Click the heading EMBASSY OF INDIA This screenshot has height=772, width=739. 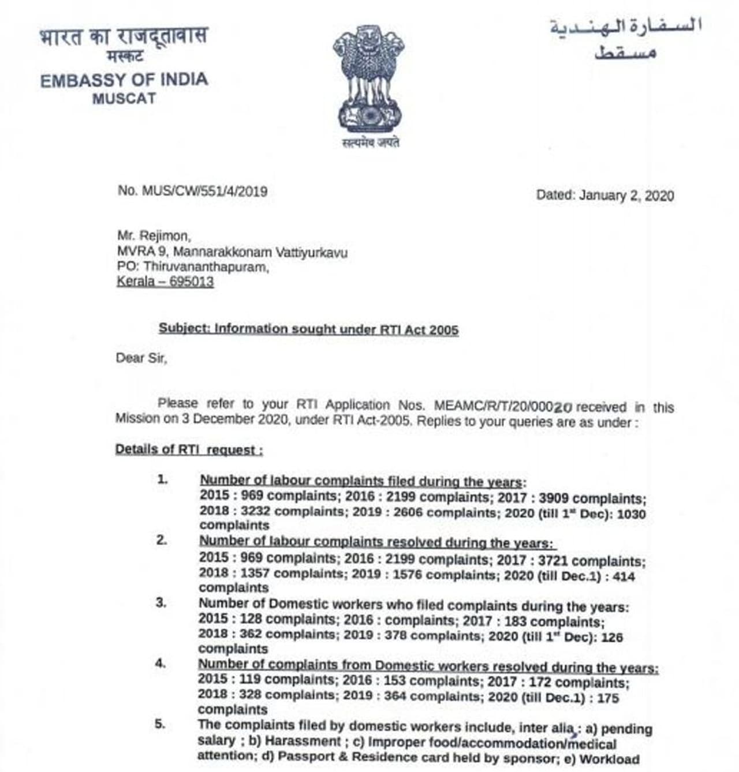[x=124, y=80]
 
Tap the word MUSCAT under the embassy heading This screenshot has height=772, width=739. [x=124, y=99]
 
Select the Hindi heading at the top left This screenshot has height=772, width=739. [x=124, y=37]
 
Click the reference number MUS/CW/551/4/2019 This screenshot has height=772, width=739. [x=204, y=191]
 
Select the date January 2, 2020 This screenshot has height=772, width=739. [x=626, y=196]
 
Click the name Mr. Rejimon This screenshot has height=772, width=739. [x=154, y=236]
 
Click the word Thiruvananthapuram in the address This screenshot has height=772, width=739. [x=206, y=267]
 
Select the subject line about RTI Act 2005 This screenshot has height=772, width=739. [x=309, y=329]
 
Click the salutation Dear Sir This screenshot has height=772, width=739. [x=141, y=358]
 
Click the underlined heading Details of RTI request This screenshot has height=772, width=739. [x=189, y=449]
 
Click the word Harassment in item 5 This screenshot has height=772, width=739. [x=303, y=741]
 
